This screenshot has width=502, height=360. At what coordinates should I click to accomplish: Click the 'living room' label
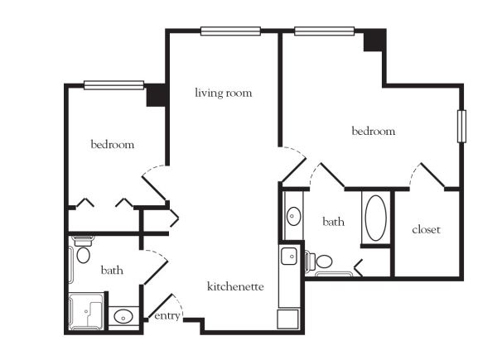click(x=224, y=93)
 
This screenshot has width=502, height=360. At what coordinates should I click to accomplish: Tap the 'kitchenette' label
click(x=235, y=286)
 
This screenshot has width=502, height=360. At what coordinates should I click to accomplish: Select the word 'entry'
click(x=167, y=316)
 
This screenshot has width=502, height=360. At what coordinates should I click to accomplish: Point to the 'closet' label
click(x=426, y=229)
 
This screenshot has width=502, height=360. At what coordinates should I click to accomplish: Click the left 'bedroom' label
click(x=113, y=144)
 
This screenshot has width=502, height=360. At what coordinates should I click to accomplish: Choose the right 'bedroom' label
click(x=374, y=131)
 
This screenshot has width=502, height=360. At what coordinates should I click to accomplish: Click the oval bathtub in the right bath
click(x=376, y=218)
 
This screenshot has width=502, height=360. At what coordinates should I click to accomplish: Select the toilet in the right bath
click(x=319, y=261)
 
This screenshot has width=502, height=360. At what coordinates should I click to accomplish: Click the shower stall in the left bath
click(x=86, y=311)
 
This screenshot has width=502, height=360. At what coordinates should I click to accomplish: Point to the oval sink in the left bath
click(x=123, y=316)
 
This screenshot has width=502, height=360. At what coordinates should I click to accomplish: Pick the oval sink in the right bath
click(x=293, y=216)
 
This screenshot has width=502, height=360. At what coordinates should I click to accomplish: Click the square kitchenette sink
click(x=289, y=256)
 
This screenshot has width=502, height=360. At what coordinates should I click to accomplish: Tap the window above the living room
click(x=230, y=31)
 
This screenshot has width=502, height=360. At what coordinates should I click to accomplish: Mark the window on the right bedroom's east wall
click(x=461, y=127)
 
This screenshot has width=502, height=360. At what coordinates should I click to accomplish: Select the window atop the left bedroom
click(x=113, y=85)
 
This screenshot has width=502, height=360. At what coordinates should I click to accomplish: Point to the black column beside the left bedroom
click(x=156, y=96)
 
